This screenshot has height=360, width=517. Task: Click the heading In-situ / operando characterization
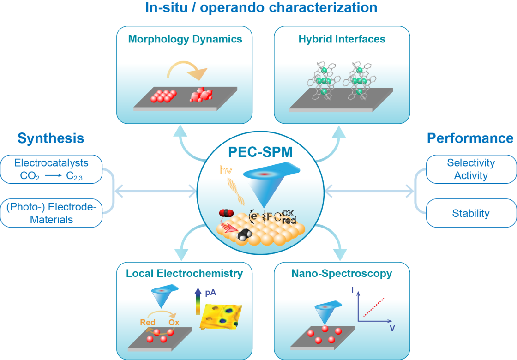point(261,7)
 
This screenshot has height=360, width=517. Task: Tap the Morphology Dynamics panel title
point(185,39)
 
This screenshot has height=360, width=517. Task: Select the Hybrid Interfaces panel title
point(342,39)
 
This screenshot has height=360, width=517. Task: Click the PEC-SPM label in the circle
point(260,152)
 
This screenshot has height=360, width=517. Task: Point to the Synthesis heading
point(51,138)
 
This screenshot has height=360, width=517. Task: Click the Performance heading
point(470,138)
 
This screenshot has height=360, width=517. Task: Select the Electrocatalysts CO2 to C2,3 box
point(51,169)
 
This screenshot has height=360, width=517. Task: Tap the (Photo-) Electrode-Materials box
point(51,214)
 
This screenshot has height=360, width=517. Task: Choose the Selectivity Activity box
point(471,169)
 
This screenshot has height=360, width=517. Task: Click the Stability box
point(471,213)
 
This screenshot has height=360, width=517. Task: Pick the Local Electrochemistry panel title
point(184,274)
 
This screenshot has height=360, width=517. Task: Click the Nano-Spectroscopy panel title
point(342,274)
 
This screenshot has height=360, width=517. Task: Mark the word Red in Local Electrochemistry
point(148,323)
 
